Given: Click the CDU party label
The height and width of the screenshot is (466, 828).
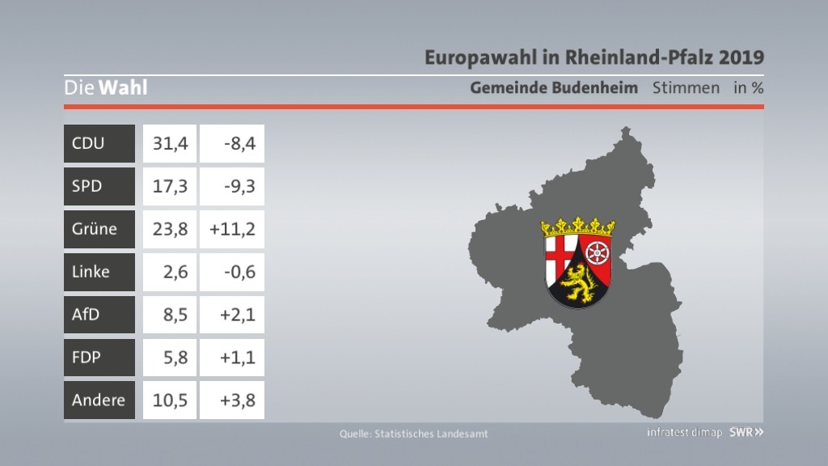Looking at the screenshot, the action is tap(88, 143).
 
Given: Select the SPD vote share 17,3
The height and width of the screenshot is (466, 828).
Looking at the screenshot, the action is tap(170, 186).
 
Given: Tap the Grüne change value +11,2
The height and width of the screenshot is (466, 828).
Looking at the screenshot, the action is tap(232, 229).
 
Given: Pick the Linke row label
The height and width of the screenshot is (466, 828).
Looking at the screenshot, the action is tap(91, 272).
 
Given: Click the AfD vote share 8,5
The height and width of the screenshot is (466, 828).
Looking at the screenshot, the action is tap(175, 315).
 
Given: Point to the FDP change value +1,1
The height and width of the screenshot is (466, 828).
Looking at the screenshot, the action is tap(238, 357).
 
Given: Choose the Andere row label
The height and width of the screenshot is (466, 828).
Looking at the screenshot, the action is tap(98, 400).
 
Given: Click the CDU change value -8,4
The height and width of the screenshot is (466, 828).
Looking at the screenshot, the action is tap(239, 143).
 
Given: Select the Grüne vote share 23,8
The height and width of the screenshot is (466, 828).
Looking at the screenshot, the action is tap(170, 229).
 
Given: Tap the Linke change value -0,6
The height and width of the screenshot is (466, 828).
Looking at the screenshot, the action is tap(239, 272).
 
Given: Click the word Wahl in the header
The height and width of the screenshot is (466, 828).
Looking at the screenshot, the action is tap(123, 87).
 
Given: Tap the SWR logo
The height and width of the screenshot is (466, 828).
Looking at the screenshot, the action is tap(746, 432).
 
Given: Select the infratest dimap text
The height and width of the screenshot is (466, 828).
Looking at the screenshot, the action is tap(684, 432).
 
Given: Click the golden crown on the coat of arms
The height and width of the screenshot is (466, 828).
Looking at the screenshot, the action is tap(577, 227).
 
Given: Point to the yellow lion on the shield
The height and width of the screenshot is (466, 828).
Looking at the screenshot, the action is tap(577, 283).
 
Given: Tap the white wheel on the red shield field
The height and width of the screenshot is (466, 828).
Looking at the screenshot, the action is tap(598, 253).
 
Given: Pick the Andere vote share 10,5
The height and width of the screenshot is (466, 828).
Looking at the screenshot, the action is tap(170, 400).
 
